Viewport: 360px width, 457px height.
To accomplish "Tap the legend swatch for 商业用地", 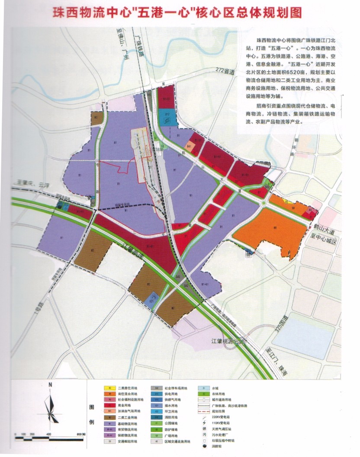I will pyautogui.click(x=110, y=406).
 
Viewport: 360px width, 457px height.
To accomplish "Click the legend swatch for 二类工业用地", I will pyautogui.click(x=110, y=418).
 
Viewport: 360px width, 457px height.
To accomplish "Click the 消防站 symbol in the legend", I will pyautogui.click(x=202, y=445).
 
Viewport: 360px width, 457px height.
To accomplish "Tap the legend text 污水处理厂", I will pyautogui.click(x=221, y=434).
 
